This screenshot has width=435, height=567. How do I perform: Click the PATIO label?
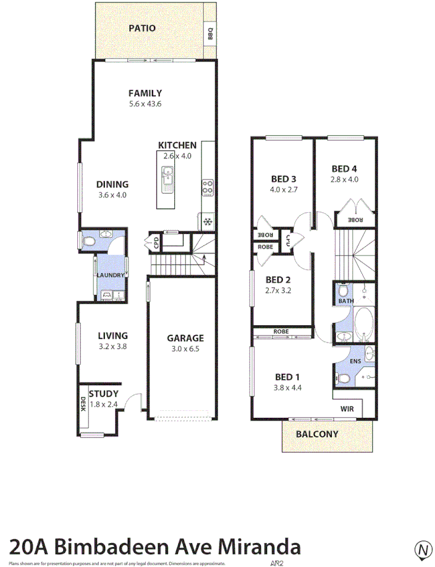pos(141,28)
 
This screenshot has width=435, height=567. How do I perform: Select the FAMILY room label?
pos(145,93)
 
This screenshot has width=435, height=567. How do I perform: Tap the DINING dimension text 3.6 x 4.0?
pos(112,195)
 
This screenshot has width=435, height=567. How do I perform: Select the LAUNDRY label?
pos(110,275)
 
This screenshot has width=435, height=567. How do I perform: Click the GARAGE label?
pos(185,338)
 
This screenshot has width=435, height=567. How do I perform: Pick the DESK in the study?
pos(83,404)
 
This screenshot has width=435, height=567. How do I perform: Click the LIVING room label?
pos(112,336)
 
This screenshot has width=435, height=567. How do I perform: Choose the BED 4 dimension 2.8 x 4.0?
pos(345,180)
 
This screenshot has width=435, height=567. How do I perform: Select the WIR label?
pos(347,408)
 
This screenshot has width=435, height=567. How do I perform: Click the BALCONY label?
pos(317,434)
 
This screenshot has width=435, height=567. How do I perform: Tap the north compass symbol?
pos(423,548)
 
